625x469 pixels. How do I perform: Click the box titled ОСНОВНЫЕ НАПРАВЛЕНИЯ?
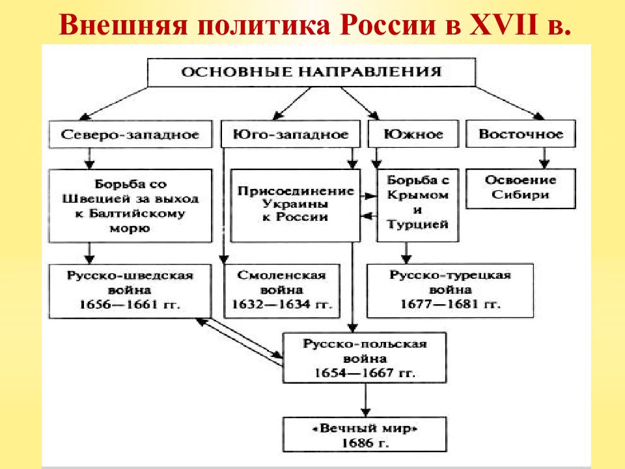tap(311, 72)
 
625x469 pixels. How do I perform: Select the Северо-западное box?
tap(130, 134)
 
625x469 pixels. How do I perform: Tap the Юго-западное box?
tap(290, 134)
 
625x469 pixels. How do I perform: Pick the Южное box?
tap(413, 134)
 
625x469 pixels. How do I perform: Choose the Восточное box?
tap(521, 134)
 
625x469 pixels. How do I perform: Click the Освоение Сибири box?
tap(521, 188)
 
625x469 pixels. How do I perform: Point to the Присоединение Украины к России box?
tap(296, 205)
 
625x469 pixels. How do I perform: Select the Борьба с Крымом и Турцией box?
tap(418, 205)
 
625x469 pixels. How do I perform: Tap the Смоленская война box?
tap(282, 291)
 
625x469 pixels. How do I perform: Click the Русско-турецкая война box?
tap(450, 291)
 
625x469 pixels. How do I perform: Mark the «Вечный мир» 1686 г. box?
tap(365, 434)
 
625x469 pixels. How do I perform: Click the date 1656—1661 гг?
tap(130, 305)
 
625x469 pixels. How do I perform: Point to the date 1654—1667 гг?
tap(365, 373)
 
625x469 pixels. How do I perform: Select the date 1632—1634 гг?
tap(282, 305)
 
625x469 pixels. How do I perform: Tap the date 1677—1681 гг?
tap(450, 304)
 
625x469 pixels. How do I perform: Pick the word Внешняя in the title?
tap(123, 25)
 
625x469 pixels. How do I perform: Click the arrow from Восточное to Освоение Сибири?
tap(544, 158)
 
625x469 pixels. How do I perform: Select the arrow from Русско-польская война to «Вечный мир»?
tap(365, 400)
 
